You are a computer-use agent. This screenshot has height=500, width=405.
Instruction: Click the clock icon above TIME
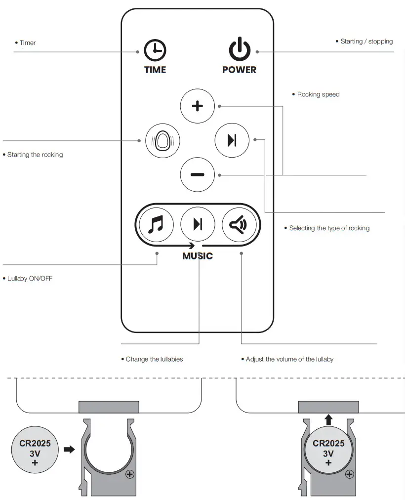(x=155, y=51)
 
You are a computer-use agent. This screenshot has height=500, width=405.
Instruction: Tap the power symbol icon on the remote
(x=240, y=50)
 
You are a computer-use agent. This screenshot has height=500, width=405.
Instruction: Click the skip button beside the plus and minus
(x=232, y=140)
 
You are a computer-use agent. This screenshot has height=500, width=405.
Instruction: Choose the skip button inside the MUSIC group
(x=198, y=225)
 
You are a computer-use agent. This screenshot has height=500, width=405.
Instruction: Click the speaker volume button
(x=239, y=225)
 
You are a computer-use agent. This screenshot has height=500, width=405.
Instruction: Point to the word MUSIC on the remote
(x=198, y=256)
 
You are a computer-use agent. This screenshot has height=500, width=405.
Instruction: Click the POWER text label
(x=240, y=70)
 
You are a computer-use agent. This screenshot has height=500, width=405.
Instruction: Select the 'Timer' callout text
(x=28, y=43)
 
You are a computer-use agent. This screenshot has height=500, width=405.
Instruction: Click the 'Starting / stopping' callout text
(x=366, y=42)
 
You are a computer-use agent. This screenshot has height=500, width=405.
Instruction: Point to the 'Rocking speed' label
(x=318, y=94)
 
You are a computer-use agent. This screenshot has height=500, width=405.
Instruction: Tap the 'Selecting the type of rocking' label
(x=329, y=228)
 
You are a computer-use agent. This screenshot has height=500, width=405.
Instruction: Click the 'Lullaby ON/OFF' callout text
(x=30, y=279)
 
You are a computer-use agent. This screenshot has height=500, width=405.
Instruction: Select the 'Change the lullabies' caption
(x=154, y=359)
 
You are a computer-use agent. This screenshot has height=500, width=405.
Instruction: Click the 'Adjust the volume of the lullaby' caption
(x=289, y=359)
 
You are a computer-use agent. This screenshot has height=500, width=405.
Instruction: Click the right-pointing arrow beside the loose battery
(x=69, y=450)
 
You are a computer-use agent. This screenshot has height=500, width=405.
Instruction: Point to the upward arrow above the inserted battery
(x=329, y=420)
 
